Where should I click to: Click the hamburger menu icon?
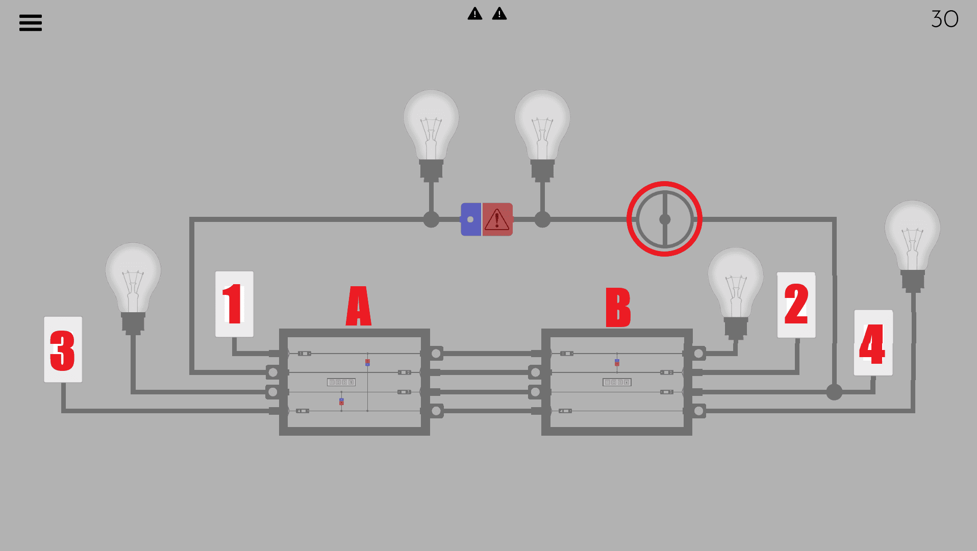[x=31, y=22]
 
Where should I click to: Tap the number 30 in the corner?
[x=944, y=19]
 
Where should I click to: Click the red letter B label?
[x=618, y=307]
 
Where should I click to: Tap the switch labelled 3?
[x=63, y=349]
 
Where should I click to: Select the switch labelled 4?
[x=873, y=343]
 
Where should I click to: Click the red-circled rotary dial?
[x=664, y=219]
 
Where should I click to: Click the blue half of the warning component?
[x=470, y=219]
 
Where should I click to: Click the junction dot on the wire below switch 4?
[x=834, y=392]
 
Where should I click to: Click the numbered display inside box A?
[x=341, y=382]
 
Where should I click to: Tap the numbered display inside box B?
[x=617, y=382]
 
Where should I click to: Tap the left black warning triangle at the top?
[x=475, y=14]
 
